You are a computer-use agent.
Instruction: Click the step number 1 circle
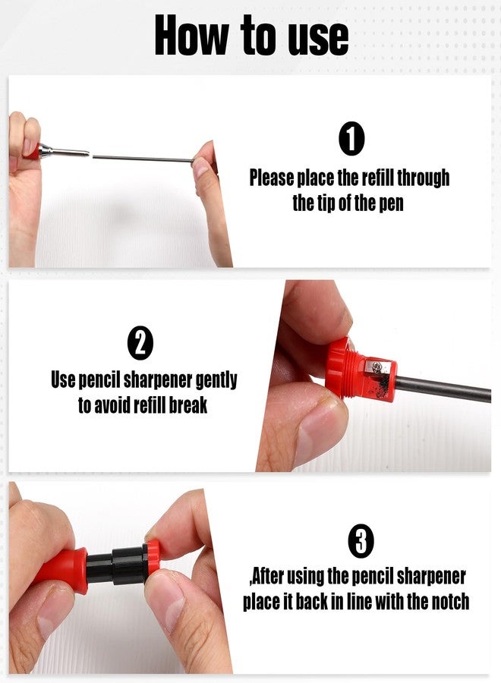[x=351, y=139]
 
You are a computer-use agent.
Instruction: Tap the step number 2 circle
[x=140, y=343]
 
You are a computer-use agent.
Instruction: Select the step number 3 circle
[x=361, y=540]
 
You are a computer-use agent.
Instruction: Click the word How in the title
[x=192, y=36]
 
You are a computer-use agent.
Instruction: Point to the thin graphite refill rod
[x=143, y=159]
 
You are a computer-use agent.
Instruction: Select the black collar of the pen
[x=117, y=565]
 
